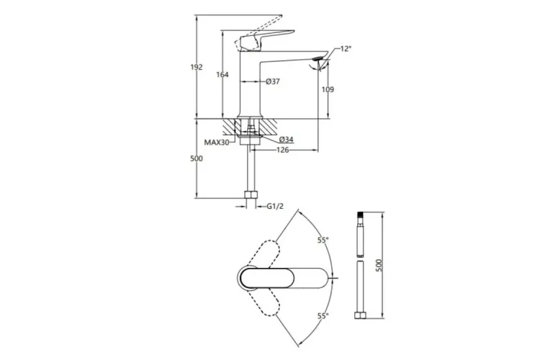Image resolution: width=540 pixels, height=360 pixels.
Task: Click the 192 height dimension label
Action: tap(205, 67)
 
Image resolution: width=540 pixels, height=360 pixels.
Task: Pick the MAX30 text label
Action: tap(216, 143)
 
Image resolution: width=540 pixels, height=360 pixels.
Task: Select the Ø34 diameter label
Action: tap(284, 139)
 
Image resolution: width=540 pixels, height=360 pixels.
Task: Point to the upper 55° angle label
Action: tap(322, 240)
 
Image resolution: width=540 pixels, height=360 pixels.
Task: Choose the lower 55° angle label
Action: tap(322, 315)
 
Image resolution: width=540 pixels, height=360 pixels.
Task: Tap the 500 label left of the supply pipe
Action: tap(205, 158)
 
